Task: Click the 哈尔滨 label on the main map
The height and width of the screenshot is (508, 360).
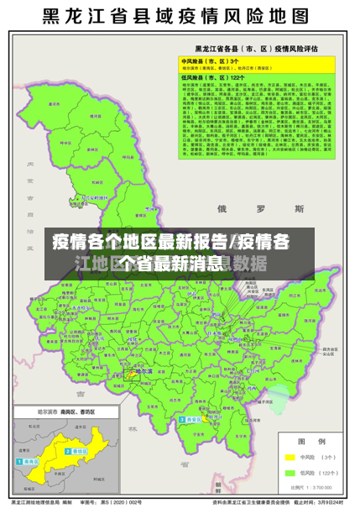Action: (x=143, y=370)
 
